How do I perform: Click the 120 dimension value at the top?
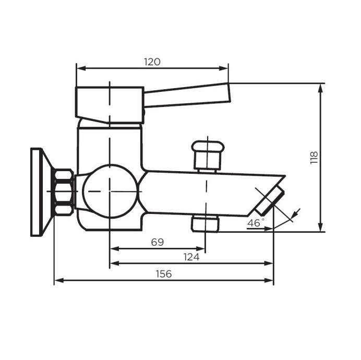click(152, 62)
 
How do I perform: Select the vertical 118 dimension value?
click(314, 158)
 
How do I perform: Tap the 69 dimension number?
click(157, 242)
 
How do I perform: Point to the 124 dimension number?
click(191, 257)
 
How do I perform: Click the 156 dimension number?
click(164, 274)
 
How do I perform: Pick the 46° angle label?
click(256, 223)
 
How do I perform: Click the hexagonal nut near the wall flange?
click(64, 192)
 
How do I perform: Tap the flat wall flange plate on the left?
click(37, 191)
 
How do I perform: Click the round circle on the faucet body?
click(110, 191)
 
